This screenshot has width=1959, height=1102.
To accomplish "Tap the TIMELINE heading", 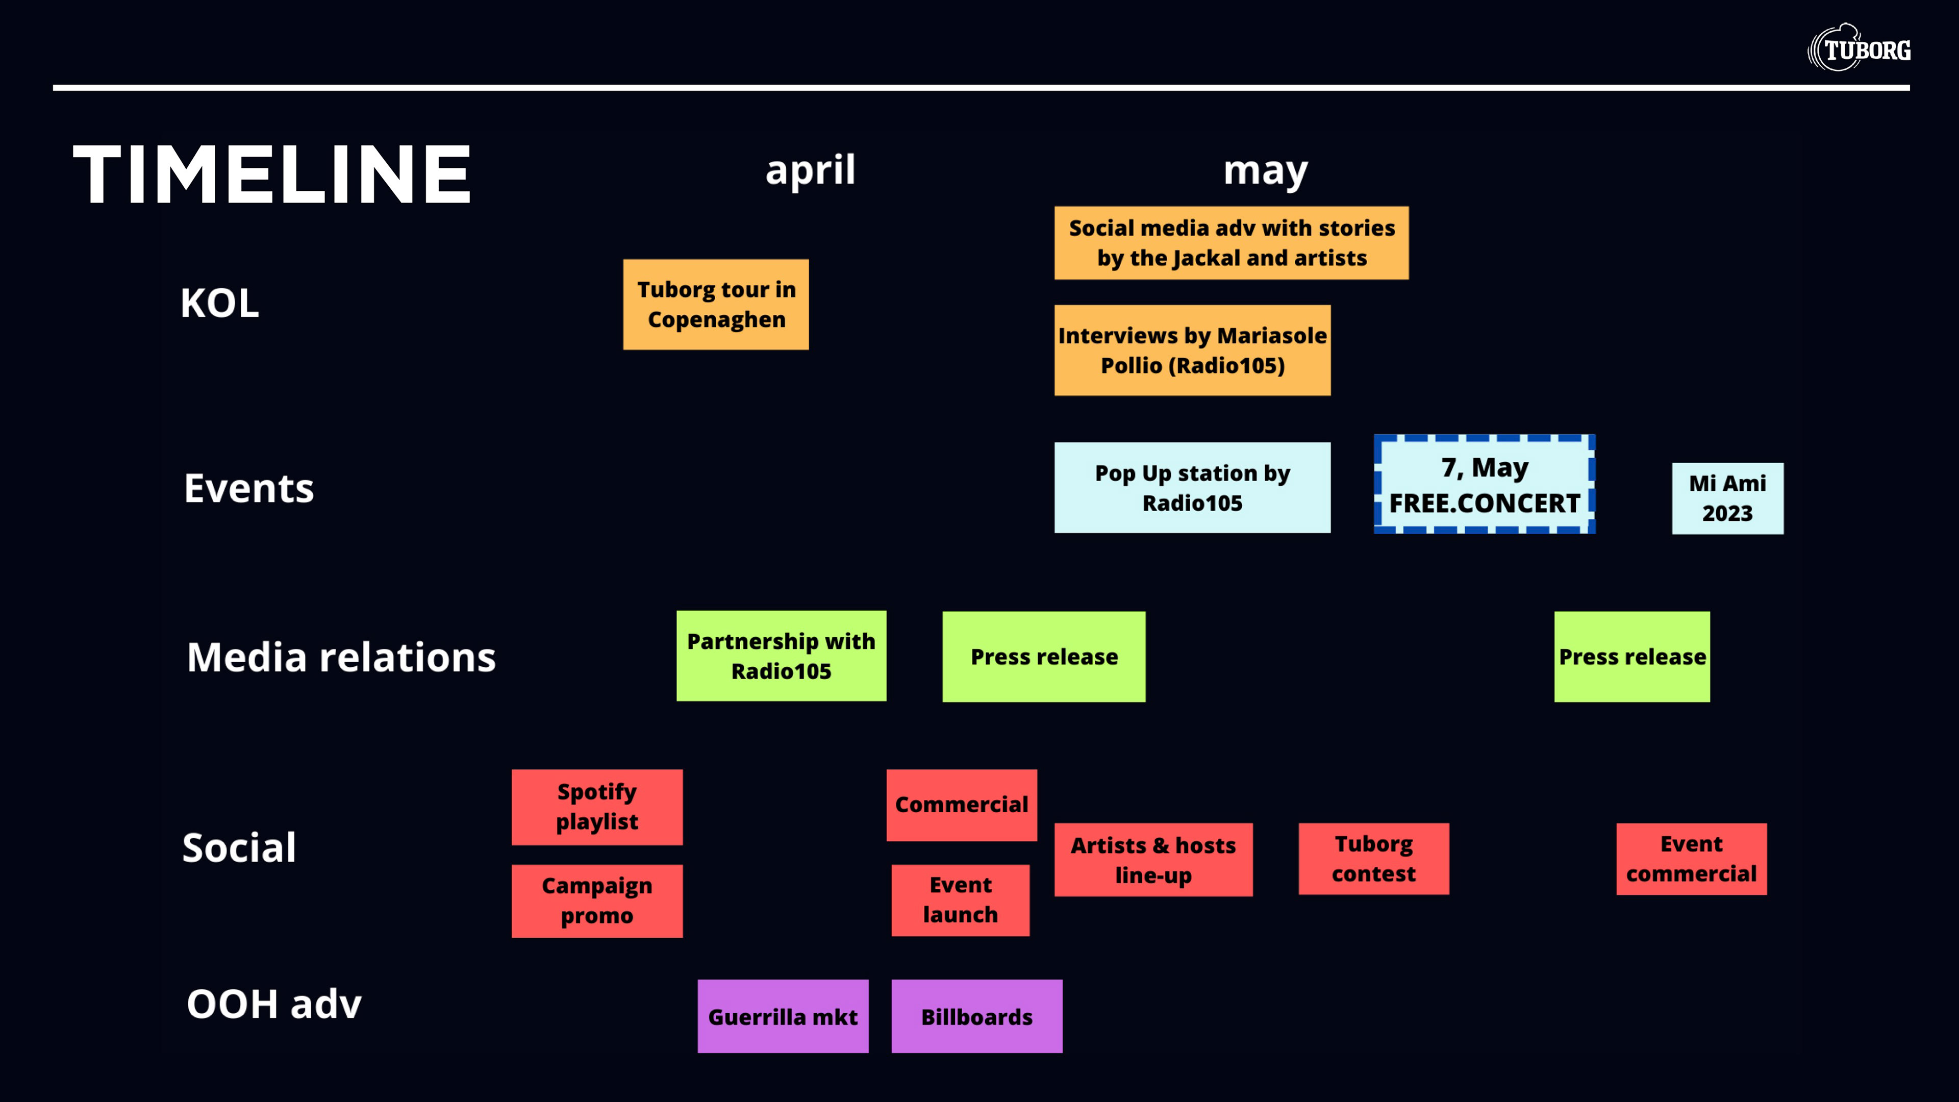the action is click(272, 175).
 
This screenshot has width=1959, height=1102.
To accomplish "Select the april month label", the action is click(810, 169).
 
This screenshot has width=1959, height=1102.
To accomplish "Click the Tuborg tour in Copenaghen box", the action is click(716, 304).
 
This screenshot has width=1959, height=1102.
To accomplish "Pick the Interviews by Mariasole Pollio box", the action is click(1192, 350).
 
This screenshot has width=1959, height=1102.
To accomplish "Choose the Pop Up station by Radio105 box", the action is click(1192, 488).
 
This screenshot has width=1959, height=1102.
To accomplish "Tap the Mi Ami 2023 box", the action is click(1727, 498).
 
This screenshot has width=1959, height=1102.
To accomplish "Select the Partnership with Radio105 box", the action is click(781, 656).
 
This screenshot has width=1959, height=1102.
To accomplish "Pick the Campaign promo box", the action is click(597, 900).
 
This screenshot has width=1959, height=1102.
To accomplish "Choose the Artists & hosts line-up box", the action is click(1153, 859).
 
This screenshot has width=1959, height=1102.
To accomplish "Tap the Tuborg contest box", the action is click(1373, 859).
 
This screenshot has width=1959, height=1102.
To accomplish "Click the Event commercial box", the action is click(1691, 859).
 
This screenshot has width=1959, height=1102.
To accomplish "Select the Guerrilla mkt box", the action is click(783, 1016).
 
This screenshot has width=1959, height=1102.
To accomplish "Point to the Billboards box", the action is click(976, 1016).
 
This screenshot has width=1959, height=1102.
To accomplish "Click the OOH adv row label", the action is click(274, 1004).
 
